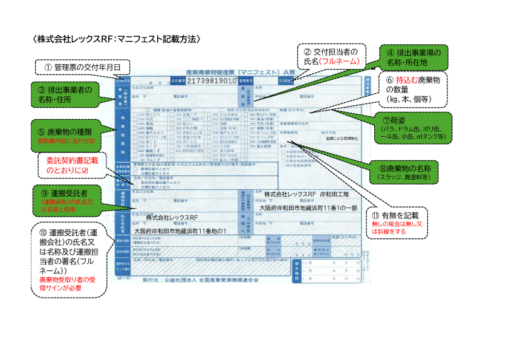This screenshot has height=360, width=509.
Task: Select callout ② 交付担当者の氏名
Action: [x=331, y=56]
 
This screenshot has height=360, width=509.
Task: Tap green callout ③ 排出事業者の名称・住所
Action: [x=68, y=94]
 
